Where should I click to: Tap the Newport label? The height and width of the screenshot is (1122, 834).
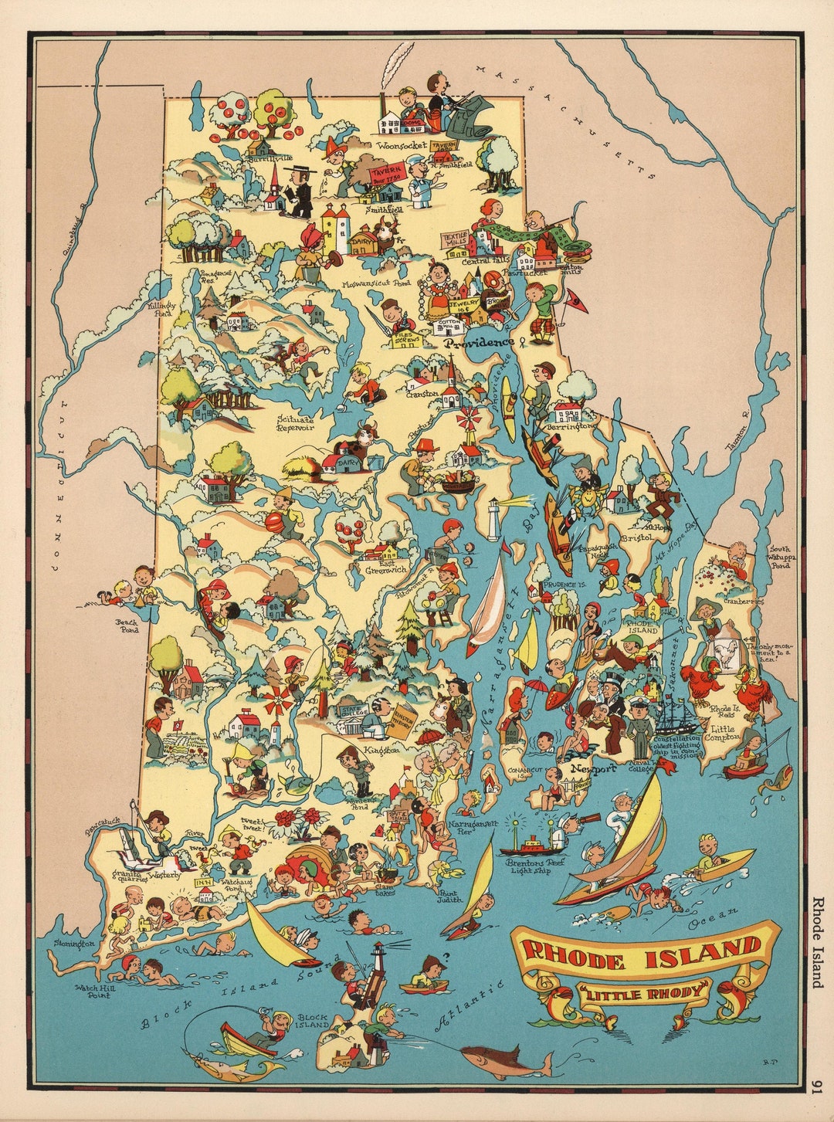[x=593, y=768]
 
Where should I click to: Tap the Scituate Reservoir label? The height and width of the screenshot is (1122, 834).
[x=296, y=422]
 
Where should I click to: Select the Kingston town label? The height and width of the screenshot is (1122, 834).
[x=382, y=749]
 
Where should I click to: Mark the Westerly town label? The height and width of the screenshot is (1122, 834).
[x=165, y=875]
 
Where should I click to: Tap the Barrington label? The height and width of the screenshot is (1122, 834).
[x=572, y=425]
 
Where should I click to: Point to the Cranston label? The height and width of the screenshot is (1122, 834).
[x=422, y=393]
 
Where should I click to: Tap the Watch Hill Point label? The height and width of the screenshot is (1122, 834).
[x=92, y=991]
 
